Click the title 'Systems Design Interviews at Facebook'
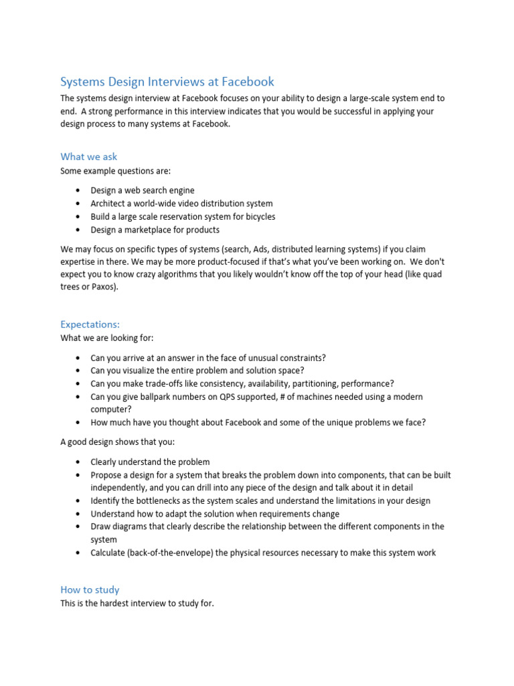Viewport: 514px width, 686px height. (x=167, y=82)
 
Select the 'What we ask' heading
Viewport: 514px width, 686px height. (x=88, y=157)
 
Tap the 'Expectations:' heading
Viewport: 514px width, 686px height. (x=90, y=324)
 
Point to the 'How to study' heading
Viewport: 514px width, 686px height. (x=90, y=590)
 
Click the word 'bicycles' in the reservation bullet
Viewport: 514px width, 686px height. (x=258, y=216)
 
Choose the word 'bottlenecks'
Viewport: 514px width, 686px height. (x=152, y=500)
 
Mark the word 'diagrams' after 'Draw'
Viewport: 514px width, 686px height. (x=131, y=527)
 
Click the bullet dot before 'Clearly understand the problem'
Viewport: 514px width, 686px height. (x=78, y=462)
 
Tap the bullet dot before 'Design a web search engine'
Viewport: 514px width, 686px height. (x=78, y=190)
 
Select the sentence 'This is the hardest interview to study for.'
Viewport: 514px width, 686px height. (x=137, y=604)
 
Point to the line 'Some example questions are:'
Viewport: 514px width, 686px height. (x=115, y=170)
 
